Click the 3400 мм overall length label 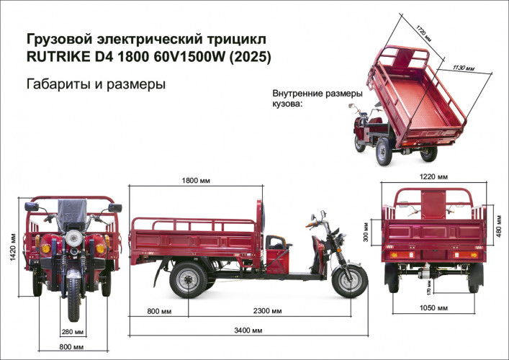point(246,330)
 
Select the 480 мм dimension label point(499,232)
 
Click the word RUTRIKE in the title point(58,55)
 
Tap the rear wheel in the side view point(189,279)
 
